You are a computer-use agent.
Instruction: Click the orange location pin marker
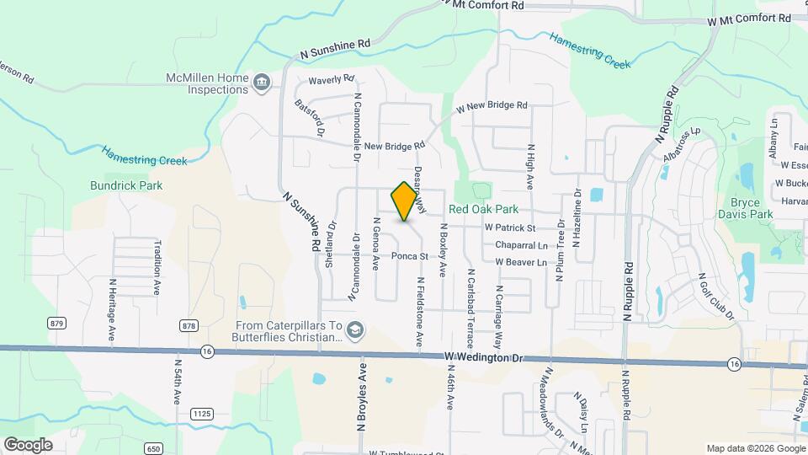pos(405,201)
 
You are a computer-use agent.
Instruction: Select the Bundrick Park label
pos(126,185)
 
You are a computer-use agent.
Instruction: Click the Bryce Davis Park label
pos(745,208)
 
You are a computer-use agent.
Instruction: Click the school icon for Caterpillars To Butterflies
pos(355,329)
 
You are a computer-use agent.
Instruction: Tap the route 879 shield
pos(57,324)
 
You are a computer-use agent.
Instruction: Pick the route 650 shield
pos(152,447)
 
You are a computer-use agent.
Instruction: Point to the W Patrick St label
pos(510,227)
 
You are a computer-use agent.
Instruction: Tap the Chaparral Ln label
pos(521,245)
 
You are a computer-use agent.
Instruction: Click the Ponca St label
pos(410,255)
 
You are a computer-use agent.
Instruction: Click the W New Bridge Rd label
pos(492,106)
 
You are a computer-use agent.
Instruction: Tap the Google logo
pos(29,444)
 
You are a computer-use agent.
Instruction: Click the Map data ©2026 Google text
pos(755,448)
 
